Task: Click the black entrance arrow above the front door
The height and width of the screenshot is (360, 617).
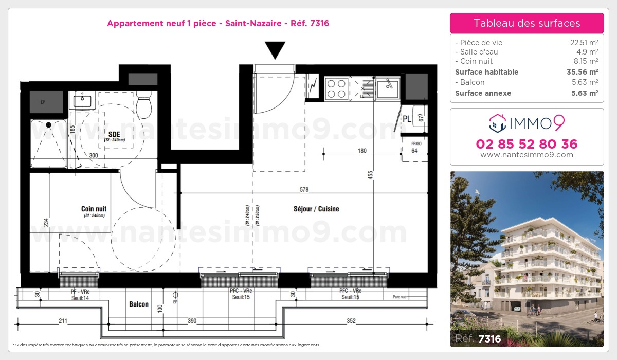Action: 275,50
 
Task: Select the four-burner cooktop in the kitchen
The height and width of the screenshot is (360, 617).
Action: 336,88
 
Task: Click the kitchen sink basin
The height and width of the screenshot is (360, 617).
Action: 387,88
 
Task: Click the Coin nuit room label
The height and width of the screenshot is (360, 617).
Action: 94,209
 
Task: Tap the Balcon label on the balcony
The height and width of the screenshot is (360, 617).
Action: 138,304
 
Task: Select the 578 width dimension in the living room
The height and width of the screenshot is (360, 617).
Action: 304,190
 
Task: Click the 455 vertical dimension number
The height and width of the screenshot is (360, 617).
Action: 370,175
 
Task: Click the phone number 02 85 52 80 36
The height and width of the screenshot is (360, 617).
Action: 527,144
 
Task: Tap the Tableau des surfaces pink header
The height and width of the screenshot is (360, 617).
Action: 527,23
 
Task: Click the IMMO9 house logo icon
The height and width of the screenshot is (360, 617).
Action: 497,123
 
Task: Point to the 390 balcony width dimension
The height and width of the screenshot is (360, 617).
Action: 192,321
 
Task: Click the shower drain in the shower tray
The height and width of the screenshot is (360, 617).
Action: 49,124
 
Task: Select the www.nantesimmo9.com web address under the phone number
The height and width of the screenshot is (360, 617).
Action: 527,155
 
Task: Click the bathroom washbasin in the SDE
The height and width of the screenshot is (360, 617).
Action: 82,100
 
